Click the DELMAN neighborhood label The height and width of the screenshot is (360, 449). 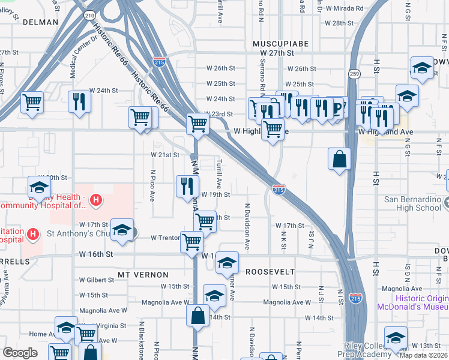[40, 22]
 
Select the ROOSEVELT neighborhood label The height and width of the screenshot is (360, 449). [271, 271]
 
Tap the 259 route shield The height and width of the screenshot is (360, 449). [355, 73]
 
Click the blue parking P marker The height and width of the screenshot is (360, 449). [337, 108]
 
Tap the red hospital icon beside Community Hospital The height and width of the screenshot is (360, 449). [95, 199]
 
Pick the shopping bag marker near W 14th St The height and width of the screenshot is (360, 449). [198, 315]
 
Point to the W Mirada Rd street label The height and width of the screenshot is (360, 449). [343, 8]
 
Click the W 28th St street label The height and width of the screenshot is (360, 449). [343, 23]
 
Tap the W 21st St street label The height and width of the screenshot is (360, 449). [165, 155]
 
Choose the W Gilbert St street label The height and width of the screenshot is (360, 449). [97, 280]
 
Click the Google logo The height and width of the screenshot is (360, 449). [20, 353]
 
